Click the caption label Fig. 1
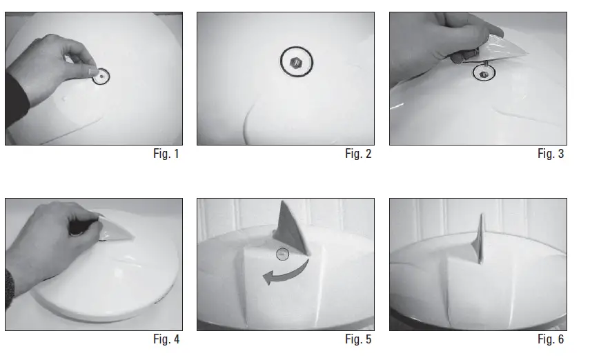tap(166, 154)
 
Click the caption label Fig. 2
tap(358, 154)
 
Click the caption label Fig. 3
tap(550, 154)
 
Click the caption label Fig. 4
tap(166, 339)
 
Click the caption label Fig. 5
tap(358, 339)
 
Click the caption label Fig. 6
tap(550, 339)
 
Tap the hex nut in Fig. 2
tap(297, 61)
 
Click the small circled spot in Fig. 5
tap(283, 254)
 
